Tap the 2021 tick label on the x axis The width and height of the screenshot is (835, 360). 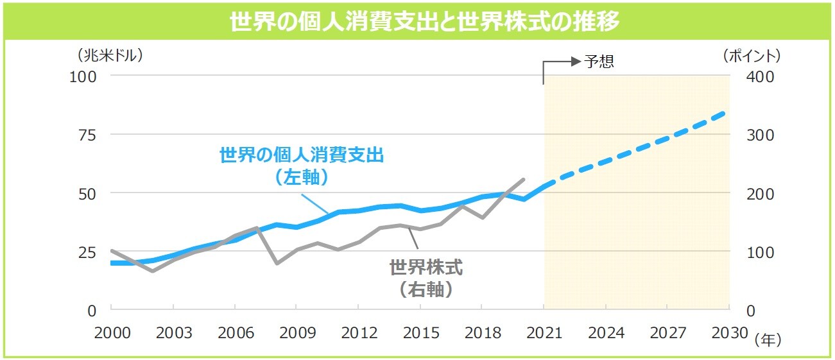(x=544, y=334)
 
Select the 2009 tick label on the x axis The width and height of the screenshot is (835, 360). (x=297, y=334)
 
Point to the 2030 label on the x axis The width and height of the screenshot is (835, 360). (x=729, y=334)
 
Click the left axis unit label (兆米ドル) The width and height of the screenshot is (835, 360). (x=109, y=56)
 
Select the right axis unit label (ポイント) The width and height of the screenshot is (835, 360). (x=751, y=56)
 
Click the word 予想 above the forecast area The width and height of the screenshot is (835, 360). (x=599, y=62)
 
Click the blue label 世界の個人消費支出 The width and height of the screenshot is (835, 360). (x=301, y=155)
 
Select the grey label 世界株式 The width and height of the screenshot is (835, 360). (x=426, y=268)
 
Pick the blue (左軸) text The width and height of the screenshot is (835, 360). (x=301, y=177)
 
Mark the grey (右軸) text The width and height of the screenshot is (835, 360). (x=426, y=289)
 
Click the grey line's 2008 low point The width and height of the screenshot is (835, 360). (x=276, y=263)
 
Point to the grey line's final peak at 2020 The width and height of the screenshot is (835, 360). (x=524, y=180)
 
